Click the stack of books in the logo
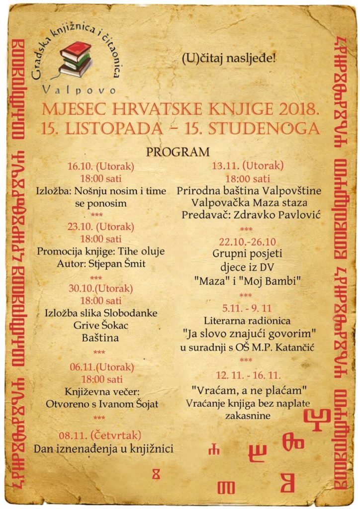click(x=75, y=59)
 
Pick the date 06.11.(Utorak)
click(x=101, y=367)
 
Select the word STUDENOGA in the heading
click(x=264, y=128)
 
